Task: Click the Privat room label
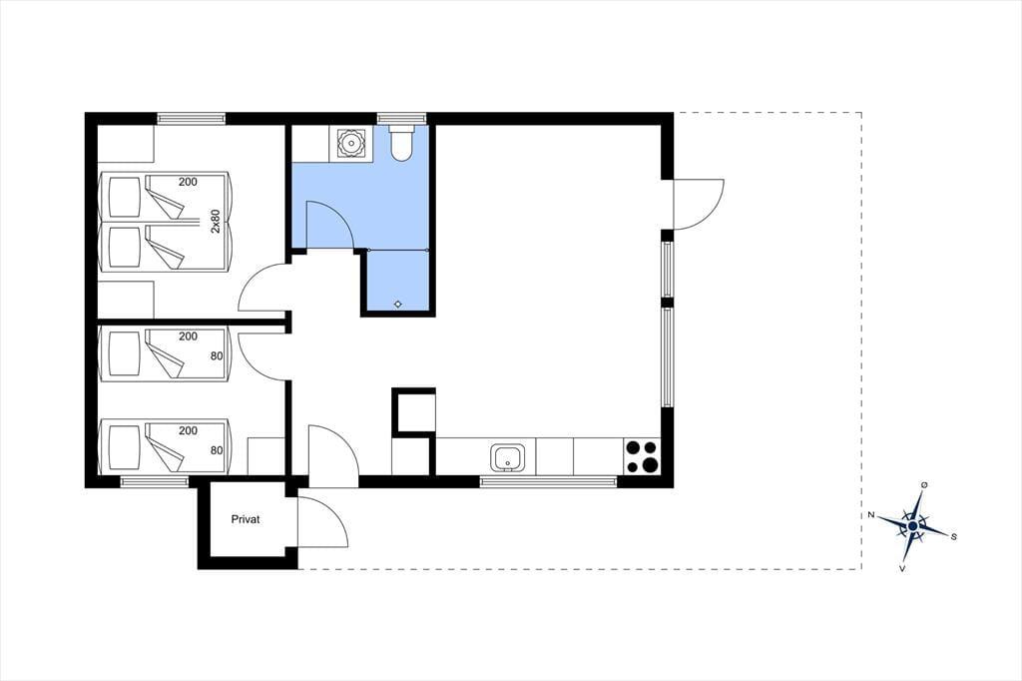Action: [x=246, y=520]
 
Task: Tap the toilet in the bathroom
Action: [x=399, y=143]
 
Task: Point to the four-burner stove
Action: [x=642, y=456]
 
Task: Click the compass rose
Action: [x=913, y=525]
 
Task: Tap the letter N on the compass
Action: [x=870, y=515]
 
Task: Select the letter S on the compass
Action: [x=953, y=537]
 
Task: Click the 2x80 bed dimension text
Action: [x=216, y=221]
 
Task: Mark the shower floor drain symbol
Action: [x=398, y=304]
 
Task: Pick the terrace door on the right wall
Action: [x=698, y=204]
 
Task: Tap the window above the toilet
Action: [x=401, y=118]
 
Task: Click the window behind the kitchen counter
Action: [x=548, y=482]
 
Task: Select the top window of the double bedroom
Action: [x=191, y=118]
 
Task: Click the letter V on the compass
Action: [x=902, y=569]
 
